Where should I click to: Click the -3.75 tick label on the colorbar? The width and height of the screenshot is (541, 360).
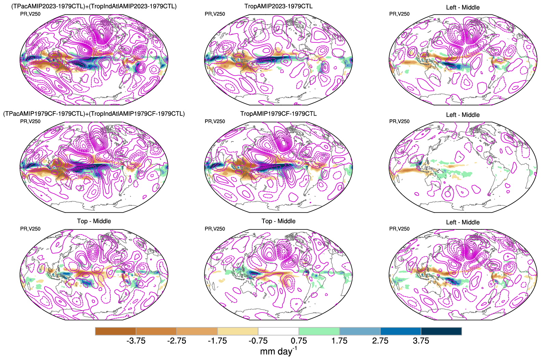click(x=136, y=341)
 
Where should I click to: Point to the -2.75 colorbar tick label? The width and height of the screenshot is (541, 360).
click(x=176, y=341)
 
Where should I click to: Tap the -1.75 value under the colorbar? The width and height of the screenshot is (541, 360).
click(x=217, y=341)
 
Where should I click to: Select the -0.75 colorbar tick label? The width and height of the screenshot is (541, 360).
click(x=258, y=341)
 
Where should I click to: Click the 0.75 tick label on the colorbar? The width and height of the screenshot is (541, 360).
click(x=299, y=341)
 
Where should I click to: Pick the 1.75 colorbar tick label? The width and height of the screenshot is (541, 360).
click(x=339, y=341)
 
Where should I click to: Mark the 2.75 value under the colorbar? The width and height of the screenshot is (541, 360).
click(x=380, y=341)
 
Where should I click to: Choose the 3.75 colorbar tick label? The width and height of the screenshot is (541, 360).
click(x=421, y=341)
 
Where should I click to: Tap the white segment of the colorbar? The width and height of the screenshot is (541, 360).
click(x=278, y=331)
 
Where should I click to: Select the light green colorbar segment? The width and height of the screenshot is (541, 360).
click(x=319, y=331)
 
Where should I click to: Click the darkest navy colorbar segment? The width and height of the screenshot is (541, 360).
click(x=441, y=331)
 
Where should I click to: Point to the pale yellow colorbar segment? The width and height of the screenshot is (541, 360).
click(x=238, y=331)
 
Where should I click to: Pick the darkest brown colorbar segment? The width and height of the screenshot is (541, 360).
click(x=116, y=331)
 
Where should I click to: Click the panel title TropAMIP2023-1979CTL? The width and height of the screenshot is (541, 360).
click(x=278, y=6)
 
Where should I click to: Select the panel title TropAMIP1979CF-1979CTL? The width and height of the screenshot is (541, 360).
click(x=278, y=114)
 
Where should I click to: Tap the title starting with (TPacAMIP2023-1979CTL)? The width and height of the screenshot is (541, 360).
click(x=94, y=6)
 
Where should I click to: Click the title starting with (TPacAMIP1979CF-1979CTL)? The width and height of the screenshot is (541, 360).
click(x=94, y=114)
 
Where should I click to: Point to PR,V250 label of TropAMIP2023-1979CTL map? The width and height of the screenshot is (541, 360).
click(x=215, y=14)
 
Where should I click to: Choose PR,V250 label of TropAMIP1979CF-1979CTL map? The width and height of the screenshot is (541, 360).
click(x=215, y=121)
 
